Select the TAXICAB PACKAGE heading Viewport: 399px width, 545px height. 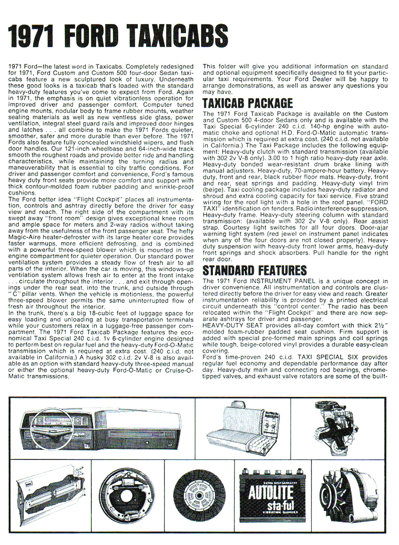[248, 103]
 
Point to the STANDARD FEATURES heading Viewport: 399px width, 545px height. [254, 270]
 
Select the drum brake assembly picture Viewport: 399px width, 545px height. [127, 495]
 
